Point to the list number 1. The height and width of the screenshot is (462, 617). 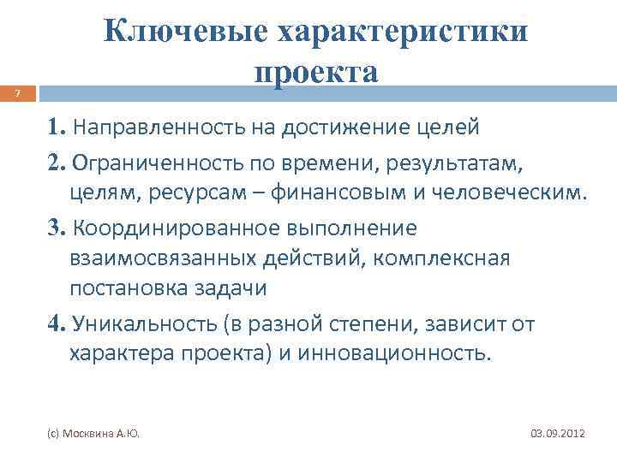57,128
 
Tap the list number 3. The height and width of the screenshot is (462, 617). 57,228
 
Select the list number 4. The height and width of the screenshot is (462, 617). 58,323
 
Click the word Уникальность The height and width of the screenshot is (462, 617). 136,323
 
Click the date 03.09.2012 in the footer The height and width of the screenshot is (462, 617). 557,435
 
